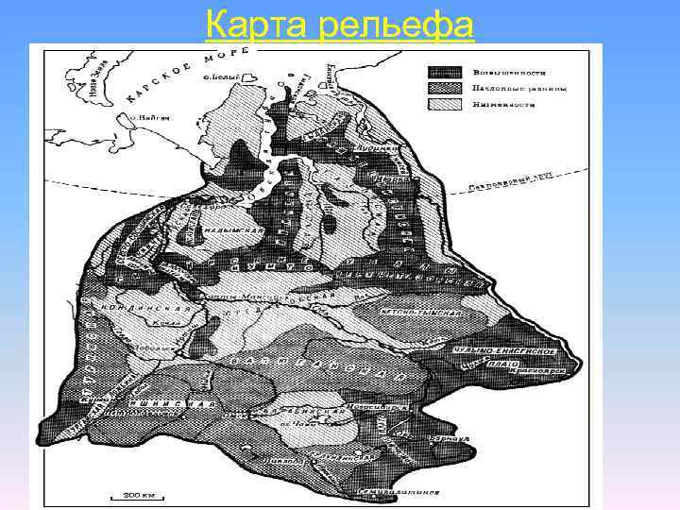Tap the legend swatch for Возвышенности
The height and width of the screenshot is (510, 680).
coord(446,73)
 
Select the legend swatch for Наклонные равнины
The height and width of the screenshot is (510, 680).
coord(446,88)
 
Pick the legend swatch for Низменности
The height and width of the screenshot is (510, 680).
coord(446,104)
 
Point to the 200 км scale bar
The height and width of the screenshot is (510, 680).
coord(126,494)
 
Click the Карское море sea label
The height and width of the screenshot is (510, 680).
coord(170,75)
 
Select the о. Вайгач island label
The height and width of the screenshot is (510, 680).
coord(135,119)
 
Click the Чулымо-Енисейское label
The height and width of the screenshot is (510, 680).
coord(516,352)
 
